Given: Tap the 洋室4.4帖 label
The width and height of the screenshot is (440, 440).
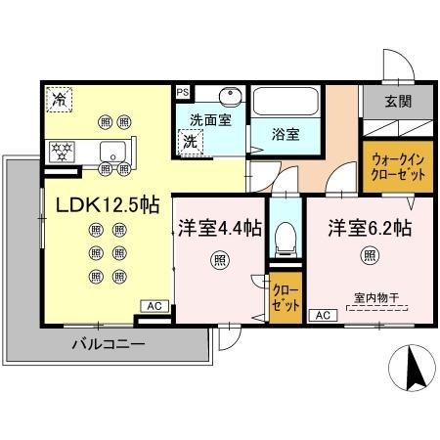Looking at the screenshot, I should tap(219, 228).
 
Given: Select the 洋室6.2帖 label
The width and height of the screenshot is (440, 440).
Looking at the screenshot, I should tap(369, 228).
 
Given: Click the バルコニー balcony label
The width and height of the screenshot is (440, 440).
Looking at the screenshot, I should tap(109, 344).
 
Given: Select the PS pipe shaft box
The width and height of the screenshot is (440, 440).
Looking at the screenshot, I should tap(183, 92).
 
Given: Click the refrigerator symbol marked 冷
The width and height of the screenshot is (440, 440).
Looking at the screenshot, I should tap(59, 99).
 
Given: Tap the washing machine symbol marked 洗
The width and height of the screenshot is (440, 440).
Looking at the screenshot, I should tap(189, 142).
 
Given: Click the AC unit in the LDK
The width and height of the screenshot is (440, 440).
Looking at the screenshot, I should tap(154, 306).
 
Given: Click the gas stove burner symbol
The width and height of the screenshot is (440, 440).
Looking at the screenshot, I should tap(63, 152).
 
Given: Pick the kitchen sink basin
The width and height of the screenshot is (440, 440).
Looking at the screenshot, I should tap(112, 151).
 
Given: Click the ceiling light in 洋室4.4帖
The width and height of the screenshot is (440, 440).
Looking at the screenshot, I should tap(219, 261).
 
